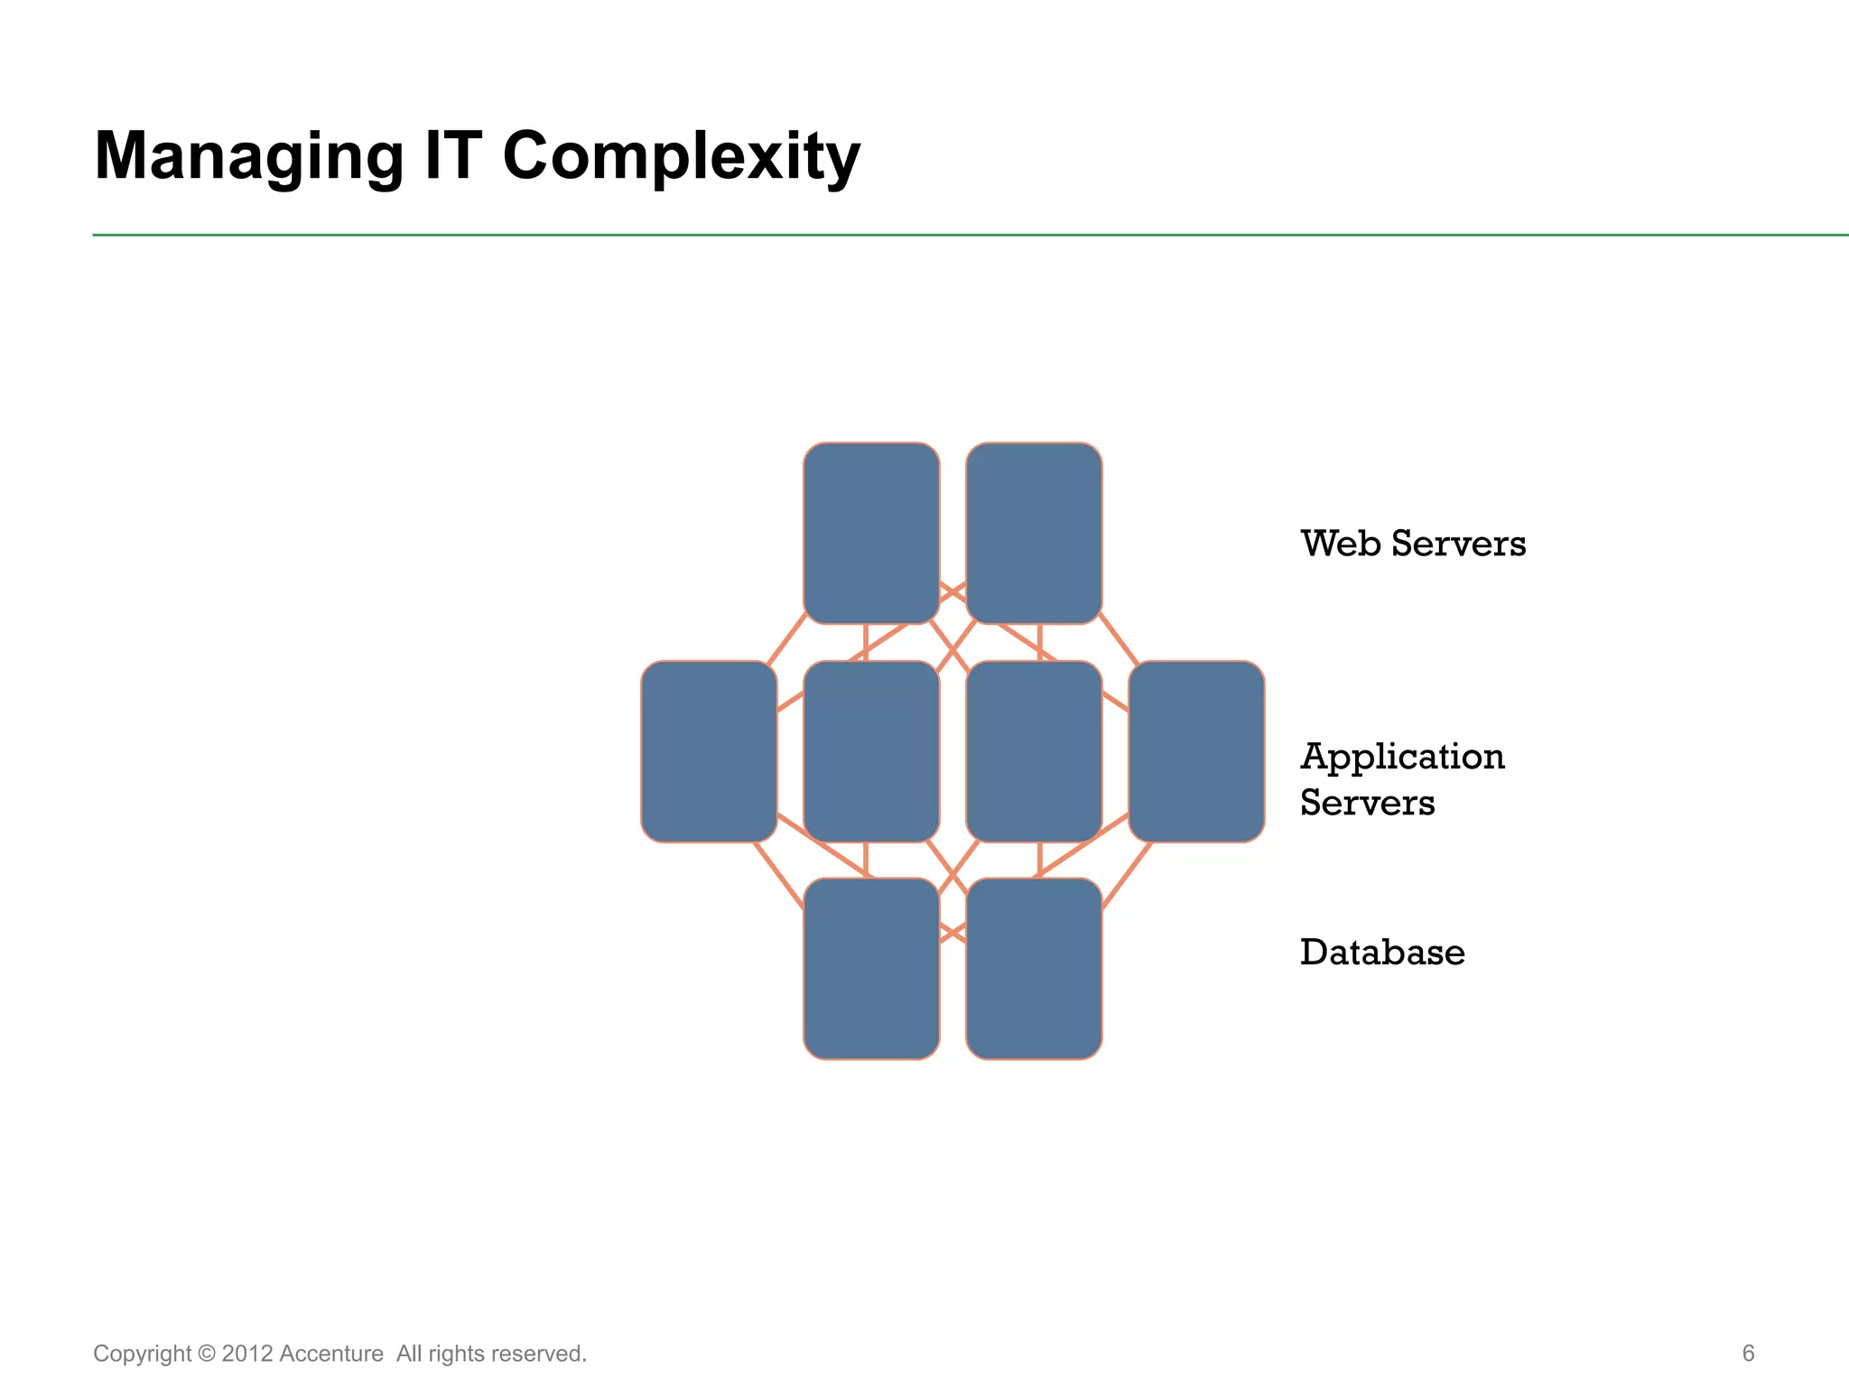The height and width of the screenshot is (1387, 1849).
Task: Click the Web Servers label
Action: [x=1413, y=544]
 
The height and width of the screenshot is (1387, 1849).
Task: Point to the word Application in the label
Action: [x=1402, y=758]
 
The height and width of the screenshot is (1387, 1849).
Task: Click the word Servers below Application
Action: [x=1367, y=803]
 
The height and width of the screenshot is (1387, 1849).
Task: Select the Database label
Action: [x=1382, y=953]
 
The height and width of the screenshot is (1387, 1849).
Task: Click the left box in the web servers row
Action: [x=871, y=533]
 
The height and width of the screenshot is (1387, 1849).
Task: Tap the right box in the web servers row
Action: [x=1034, y=533]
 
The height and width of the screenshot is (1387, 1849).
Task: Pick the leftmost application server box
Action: [x=709, y=751]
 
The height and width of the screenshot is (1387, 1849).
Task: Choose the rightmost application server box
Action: [x=1196, y=751]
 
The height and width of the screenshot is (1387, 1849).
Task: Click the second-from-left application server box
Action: [x=871, y=751]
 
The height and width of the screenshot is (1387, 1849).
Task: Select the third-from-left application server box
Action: [x=1034, y=751]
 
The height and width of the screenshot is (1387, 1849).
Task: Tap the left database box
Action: [x=871, y=969]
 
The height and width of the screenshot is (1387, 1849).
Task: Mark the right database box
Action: [x=1034, y=969]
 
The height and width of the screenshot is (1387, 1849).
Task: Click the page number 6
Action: [x=1748, y=1353]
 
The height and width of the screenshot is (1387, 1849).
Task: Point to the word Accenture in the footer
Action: [x=331, y=1354]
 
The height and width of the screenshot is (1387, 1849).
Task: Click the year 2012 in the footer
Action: [x=246, y=1354]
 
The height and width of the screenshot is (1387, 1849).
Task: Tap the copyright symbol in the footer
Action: [x=207, y=1354]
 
